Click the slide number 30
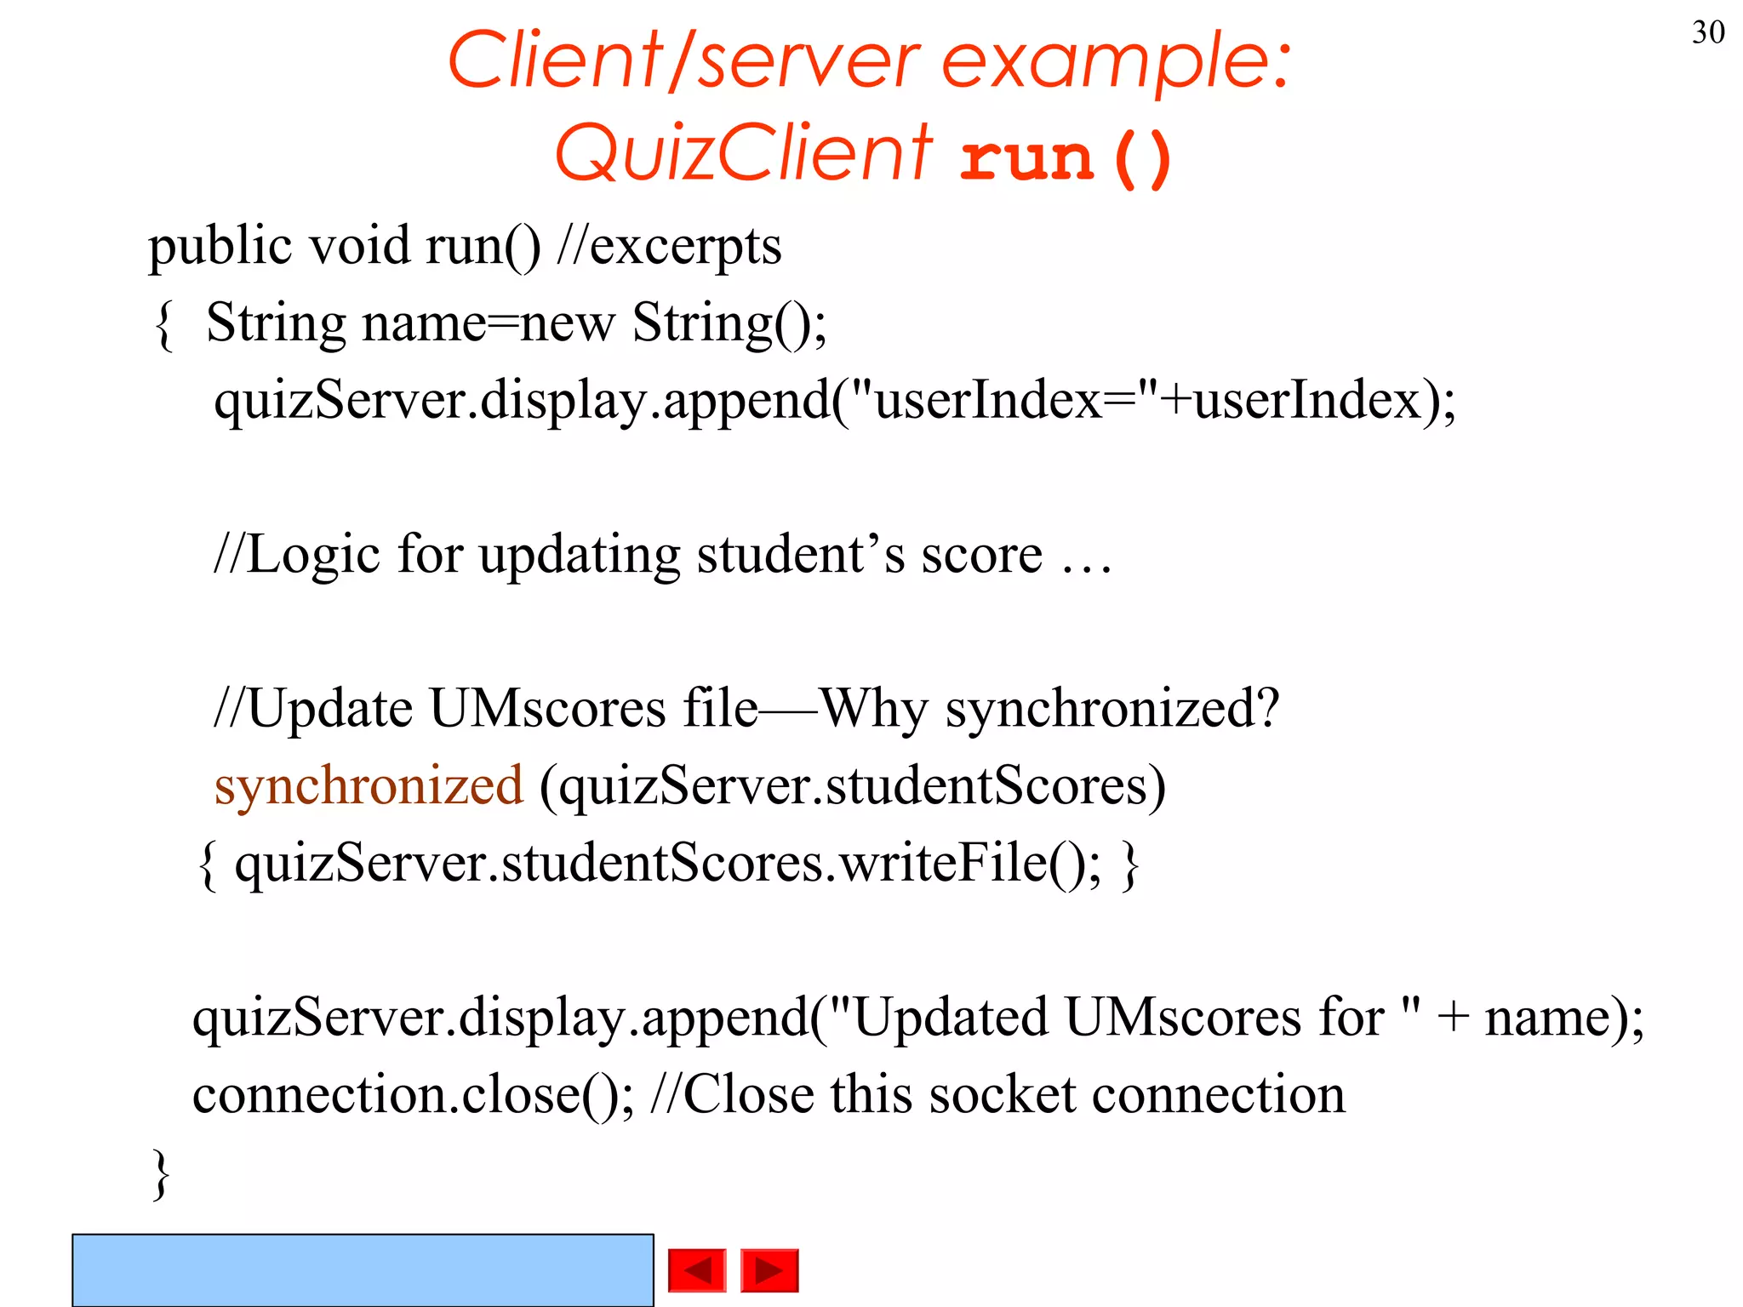coord(1707,32)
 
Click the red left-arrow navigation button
coord(697,1270)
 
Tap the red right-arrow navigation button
coord(769,1270)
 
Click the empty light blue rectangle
coord(363,1270)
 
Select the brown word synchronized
coord(369,785)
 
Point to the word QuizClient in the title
coord(744,153)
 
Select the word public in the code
coord(220,248)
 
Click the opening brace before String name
coord(164,325)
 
